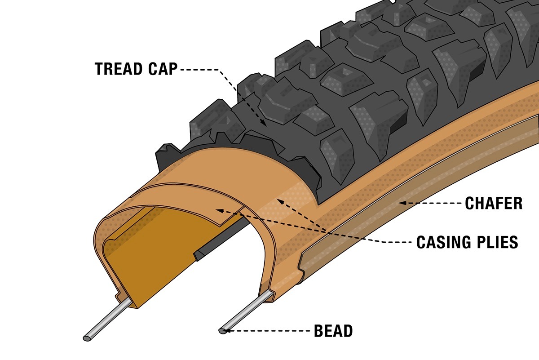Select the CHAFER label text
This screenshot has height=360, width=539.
494,204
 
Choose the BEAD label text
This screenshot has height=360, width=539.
333,332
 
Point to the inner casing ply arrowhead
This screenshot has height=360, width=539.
219,210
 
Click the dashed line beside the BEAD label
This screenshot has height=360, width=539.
269,332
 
